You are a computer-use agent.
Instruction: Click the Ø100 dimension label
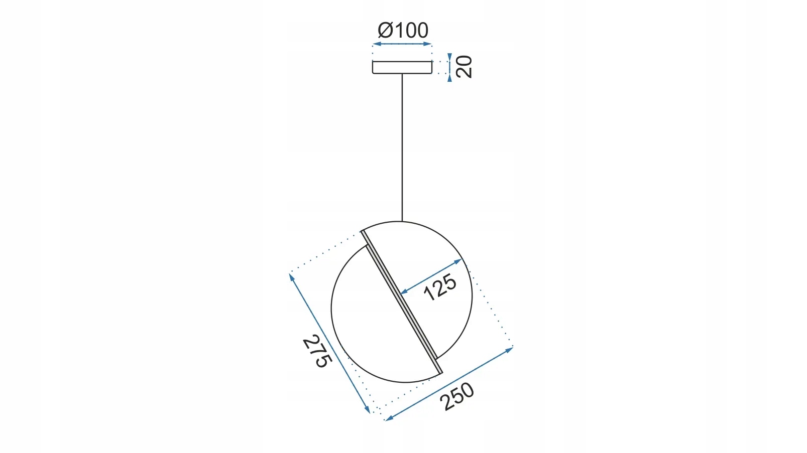click(403, 30)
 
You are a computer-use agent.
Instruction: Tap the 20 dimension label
click(464, 67)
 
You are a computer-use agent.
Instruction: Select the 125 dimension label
click(440, 287)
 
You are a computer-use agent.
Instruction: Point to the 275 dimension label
click(317, 351)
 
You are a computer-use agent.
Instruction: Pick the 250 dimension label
click(457, 396)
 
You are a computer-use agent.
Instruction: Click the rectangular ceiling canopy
click(402, 67)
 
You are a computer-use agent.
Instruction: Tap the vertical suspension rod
click(402, 147)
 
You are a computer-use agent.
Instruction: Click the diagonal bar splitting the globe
click(402, 302)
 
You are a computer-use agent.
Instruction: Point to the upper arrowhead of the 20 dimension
click(449, 57)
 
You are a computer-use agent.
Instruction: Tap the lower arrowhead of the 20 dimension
click(449, 78)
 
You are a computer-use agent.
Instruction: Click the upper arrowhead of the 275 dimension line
click(292, 277)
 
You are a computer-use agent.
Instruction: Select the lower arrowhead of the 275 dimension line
click(368, 409)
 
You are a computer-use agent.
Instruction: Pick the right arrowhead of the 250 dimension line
click(509, 349)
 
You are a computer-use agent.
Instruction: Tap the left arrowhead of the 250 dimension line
click(389, 418)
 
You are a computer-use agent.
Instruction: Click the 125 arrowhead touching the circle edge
click(458, 261)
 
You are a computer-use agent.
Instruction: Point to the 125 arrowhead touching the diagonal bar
click(404, 291)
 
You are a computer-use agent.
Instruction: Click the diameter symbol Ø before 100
click(385, 30)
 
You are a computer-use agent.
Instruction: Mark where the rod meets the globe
click(402, 221)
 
